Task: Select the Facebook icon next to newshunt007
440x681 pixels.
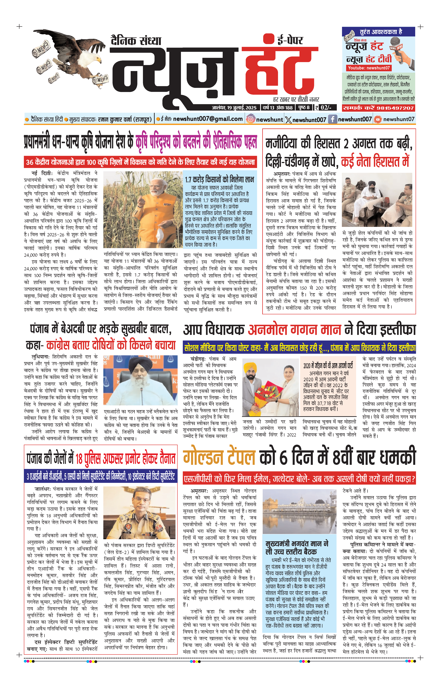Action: point(332,119)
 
